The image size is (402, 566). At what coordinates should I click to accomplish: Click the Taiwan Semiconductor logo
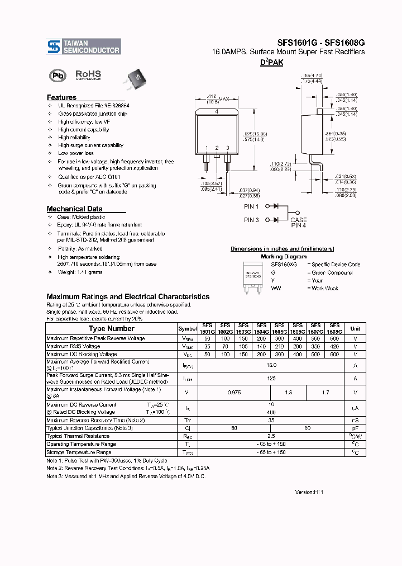(x=83, y=46)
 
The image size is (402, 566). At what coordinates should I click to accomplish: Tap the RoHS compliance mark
(x=88, y=74)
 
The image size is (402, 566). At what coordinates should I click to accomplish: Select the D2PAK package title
(x=271, y=63)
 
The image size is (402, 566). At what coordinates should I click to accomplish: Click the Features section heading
(x=61, y=97)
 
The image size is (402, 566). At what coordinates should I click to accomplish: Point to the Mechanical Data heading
(x=74, y=209)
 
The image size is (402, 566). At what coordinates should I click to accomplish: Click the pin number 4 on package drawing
(x=217, y=112)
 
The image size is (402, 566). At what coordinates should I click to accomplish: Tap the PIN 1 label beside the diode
(x=251, y=206)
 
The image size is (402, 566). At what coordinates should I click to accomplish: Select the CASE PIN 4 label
(x=299, y=222)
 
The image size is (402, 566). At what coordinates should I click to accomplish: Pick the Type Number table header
(x=111, y=329)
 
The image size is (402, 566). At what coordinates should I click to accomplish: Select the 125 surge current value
(x=271, y=378)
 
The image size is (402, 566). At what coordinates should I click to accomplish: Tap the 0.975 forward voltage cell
(x=234, y=393)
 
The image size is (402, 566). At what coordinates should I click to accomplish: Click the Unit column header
(x=355, y=329)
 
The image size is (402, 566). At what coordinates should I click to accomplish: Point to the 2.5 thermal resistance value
(x=271, y=436)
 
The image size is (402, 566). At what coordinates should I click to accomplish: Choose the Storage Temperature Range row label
(x=79, y=452)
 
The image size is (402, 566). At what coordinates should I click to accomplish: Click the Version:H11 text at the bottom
(x=309, y=492)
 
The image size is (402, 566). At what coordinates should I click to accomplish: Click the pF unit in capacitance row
(x=355, y=428)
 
